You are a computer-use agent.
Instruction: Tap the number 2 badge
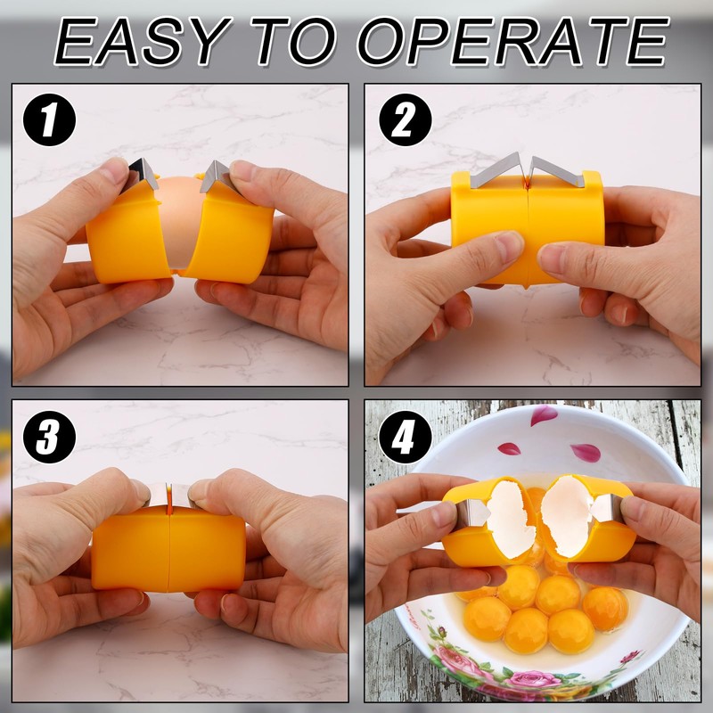click(404, 121)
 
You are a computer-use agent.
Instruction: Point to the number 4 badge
click(404, 437)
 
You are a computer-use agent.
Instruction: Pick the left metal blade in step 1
click(142, 172)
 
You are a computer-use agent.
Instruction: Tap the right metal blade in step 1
click(214, 174)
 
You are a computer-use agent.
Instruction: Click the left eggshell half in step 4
click(511, 517)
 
